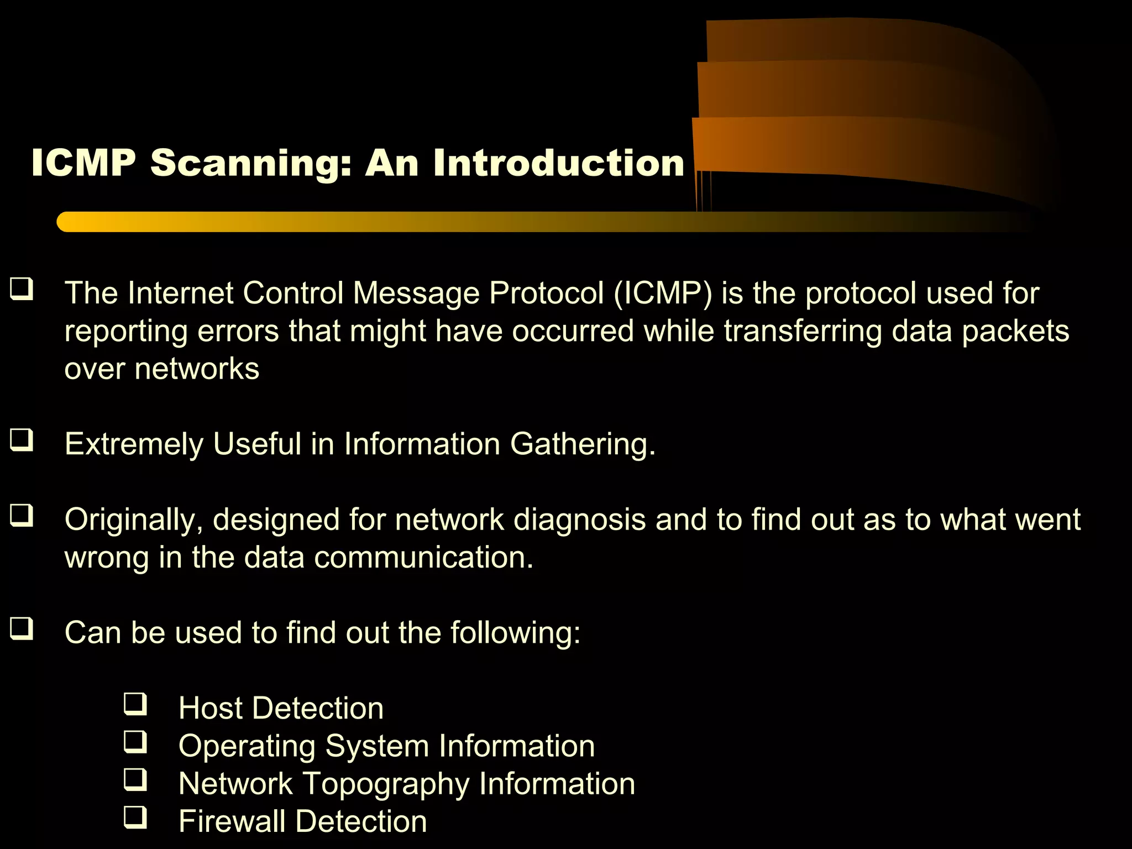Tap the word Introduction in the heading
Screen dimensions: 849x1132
(559, 163)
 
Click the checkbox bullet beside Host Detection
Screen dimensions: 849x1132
(135, 704)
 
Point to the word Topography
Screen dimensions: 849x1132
(386, 784)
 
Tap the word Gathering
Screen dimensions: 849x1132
(583, 444)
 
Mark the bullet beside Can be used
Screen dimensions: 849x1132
(22, 628)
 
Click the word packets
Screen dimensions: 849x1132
(1015, 332)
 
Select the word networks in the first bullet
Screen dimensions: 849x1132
(197, 369)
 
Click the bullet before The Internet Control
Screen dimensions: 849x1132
(22, 289)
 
